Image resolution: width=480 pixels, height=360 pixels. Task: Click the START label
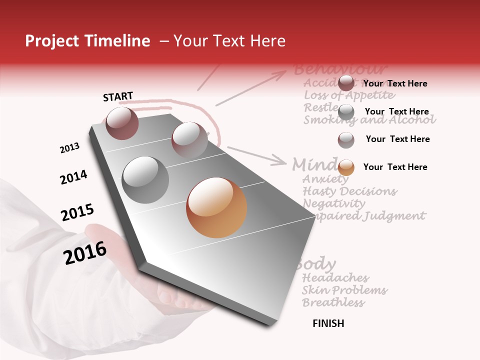(118, 96)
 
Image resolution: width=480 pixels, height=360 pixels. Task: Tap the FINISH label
(328, 323)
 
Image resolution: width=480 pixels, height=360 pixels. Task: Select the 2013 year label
(69, 148)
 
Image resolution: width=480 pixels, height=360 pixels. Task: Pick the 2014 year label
(73, 177)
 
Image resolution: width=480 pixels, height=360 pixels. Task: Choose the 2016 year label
(85, 253)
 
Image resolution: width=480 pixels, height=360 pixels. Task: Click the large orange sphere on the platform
(216, 207)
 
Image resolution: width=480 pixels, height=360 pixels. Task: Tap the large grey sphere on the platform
(145, 179)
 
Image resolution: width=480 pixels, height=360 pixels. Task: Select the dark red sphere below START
(122, 123)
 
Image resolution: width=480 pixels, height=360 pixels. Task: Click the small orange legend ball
(346, 167)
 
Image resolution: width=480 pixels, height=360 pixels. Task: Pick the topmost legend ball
(346, 83)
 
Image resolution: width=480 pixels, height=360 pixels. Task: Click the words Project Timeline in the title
(87, 41)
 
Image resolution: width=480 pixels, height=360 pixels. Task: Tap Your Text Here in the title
(229, 41)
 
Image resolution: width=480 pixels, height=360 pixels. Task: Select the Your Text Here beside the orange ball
(395, 167)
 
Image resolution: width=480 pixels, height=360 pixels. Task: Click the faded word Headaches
(335, 277)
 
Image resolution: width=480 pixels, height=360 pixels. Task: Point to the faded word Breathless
(333, 302)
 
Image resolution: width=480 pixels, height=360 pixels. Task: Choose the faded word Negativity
(334, 203)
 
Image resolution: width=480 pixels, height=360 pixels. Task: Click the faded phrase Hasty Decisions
(349, 191)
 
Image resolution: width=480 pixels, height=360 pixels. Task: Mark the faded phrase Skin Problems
(344, 290)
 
